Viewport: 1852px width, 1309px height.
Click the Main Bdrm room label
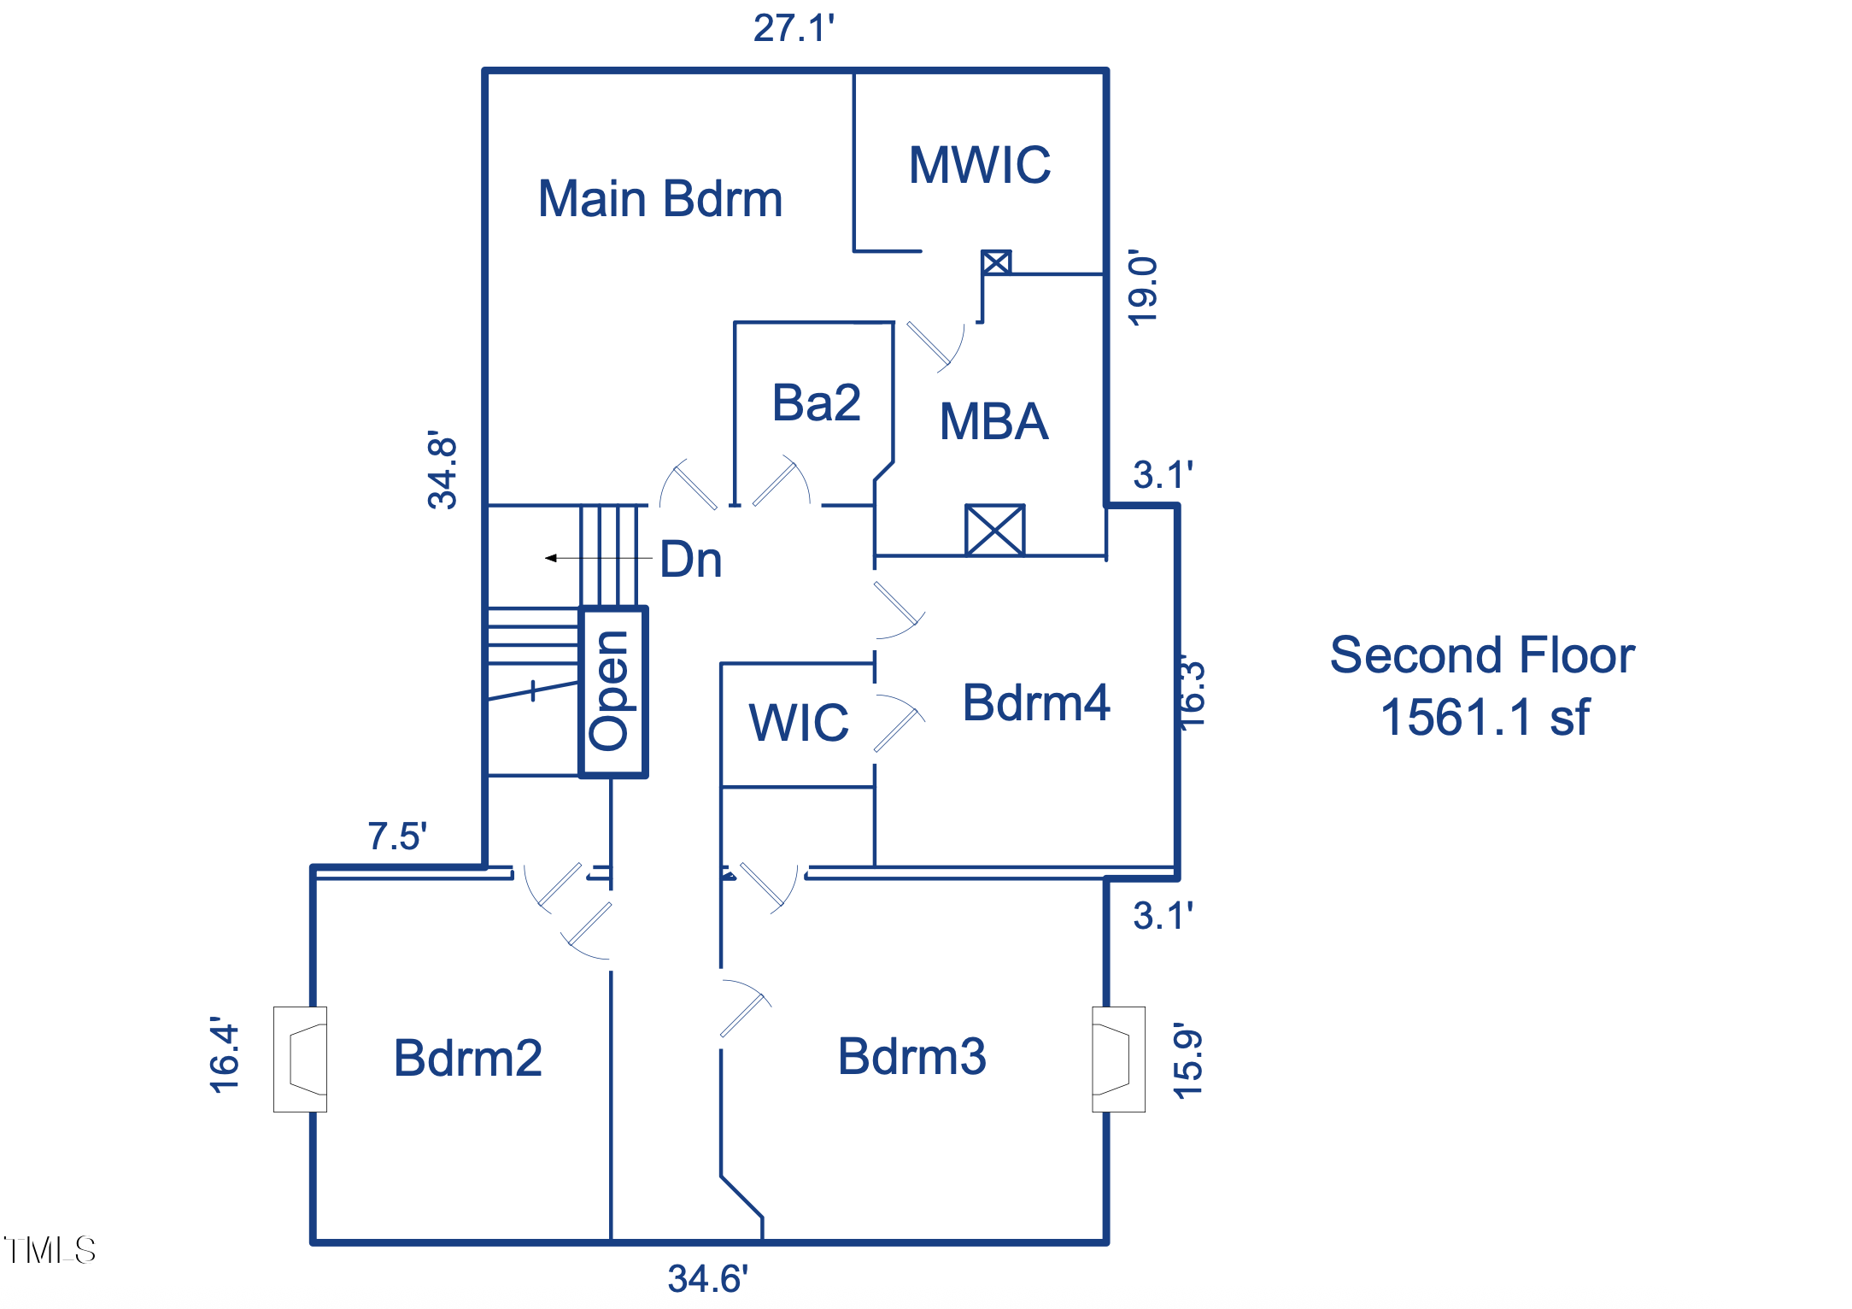659,199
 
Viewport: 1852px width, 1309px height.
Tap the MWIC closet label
979,165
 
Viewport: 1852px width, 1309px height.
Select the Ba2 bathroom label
816,402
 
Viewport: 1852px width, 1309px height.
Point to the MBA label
993,421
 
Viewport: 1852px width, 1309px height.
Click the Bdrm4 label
1035,703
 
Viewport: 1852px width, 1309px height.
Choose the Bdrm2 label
467,1058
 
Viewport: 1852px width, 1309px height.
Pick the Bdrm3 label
911,1056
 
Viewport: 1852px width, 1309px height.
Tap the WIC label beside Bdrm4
799,722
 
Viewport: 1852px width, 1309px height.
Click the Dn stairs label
691,560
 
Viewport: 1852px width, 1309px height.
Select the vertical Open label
611,691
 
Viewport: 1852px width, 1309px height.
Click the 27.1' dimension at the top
794,28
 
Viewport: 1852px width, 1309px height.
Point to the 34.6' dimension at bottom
707,1279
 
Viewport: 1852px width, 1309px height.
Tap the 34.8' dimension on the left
442,471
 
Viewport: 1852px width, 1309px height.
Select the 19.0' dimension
1143,288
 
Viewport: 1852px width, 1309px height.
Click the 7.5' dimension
397,836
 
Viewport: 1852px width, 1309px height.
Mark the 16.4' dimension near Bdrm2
225,1055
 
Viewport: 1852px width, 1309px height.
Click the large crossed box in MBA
994,530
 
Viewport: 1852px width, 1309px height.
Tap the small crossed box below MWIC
996,261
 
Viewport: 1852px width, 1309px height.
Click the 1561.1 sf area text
1485,717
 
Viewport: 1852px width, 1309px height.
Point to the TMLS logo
50,1250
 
